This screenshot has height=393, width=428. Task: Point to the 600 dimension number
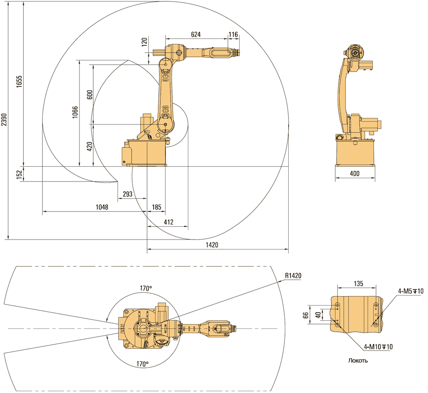point(89,95)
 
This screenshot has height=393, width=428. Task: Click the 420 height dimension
point(89,146)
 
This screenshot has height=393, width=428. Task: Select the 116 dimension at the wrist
point(233,34)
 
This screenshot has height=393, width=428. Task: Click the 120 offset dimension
point(145,43)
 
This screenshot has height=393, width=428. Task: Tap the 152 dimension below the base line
point(19,174)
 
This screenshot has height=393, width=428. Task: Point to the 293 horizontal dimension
point(127,194)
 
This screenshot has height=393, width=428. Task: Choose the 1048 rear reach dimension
point(102,207)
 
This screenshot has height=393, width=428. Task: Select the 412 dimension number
point(168,222)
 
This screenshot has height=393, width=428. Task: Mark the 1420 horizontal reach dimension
point(212,245)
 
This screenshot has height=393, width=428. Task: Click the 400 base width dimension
point(354,174)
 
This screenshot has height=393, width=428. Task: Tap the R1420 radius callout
point(293,275)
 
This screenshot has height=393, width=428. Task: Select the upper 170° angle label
point(146,288)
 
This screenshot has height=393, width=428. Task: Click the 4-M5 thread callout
point(411,291)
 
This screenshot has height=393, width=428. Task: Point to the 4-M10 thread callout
point(378,346)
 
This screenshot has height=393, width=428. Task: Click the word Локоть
point(358,361)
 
